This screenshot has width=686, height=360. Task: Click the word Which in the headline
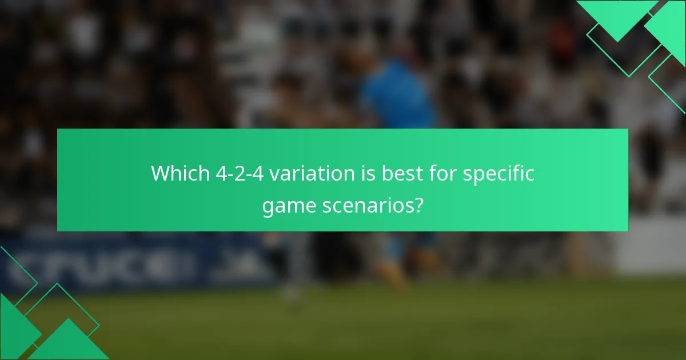(181, 173)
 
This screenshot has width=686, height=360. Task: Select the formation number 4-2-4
(240, 173)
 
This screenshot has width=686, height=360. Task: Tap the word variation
(308, 173)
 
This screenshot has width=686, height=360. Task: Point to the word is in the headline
(362, 173)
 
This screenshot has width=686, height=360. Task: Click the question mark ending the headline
(418, 204)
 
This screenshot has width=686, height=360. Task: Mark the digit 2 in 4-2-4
(240, 173)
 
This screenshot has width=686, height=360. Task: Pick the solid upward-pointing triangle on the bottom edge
(69, 343)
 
